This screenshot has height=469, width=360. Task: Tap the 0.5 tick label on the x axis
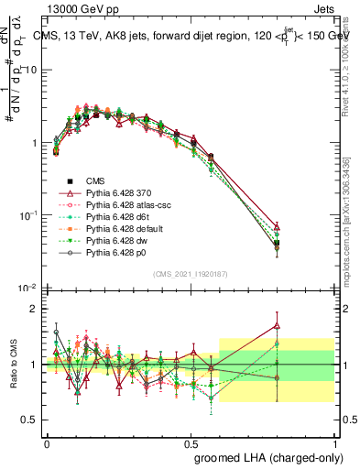click(x=191, y=441)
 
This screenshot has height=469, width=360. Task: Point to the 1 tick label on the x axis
click(x=334, y=441)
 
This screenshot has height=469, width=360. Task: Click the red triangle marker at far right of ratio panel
click(x=328, y=325)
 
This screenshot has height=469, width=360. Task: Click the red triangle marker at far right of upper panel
click(x=328, y=225)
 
